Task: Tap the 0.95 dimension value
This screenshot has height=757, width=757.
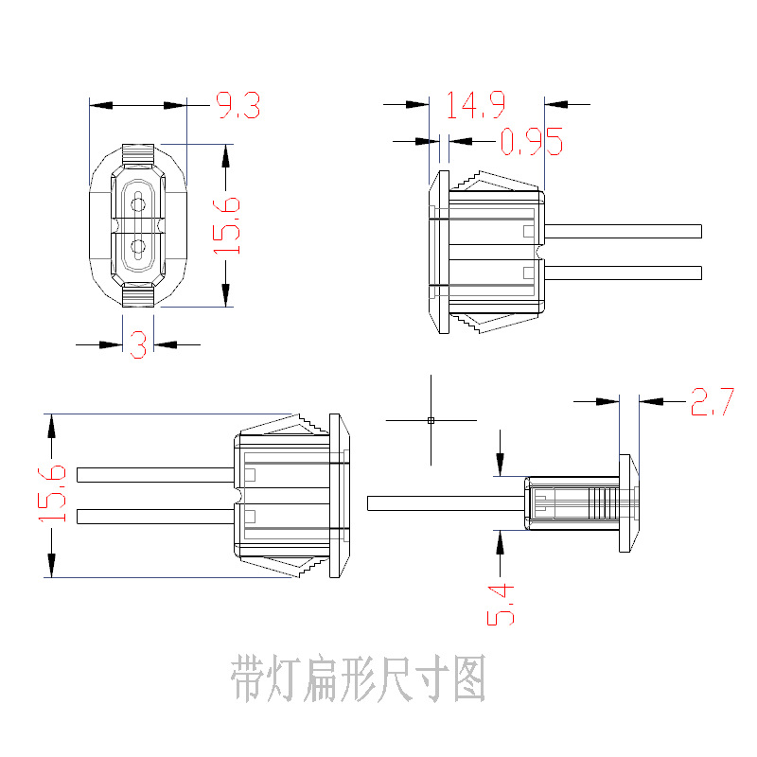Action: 531,142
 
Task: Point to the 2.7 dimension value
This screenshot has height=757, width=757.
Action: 712,402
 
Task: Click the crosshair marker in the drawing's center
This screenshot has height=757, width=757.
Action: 431,419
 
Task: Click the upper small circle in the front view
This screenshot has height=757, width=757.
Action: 138,202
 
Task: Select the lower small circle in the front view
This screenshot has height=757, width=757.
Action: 138,250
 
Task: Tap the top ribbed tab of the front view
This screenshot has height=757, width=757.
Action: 138,151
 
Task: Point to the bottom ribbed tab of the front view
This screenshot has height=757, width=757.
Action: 138,298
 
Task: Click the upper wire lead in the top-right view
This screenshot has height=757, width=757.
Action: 625,231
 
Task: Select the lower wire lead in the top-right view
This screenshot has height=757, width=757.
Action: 625,273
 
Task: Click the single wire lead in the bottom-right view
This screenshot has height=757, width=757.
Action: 445,503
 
